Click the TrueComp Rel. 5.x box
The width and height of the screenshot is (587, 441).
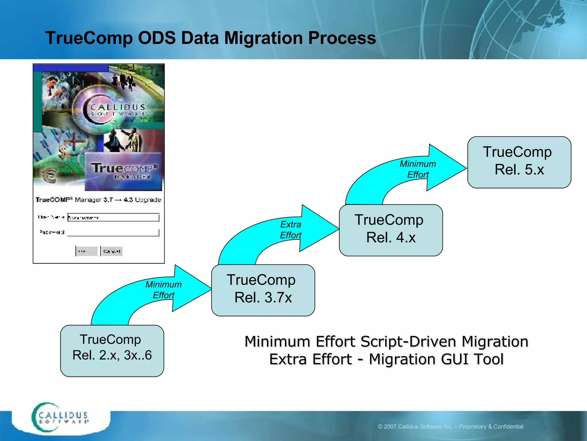[519, 162]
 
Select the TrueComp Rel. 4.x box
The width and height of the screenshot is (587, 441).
[391, 230]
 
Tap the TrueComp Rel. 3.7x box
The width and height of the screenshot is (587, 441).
[263, 290]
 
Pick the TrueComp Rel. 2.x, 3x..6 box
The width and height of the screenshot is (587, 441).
[112, 350]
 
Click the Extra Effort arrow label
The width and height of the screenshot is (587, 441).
[290, 230]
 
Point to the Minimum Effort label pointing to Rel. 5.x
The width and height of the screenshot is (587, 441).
[418, 169]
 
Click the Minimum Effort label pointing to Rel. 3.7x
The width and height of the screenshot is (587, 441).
[163, 290]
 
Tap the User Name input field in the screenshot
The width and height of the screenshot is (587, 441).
[113, 217]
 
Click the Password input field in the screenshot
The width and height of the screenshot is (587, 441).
[113, 232]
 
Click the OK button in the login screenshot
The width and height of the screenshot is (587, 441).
[87, 251]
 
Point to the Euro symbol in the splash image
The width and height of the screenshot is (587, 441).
[50, 175]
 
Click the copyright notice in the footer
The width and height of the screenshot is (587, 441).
[450, 427]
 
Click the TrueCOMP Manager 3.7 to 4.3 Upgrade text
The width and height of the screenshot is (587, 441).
[98, 200]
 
